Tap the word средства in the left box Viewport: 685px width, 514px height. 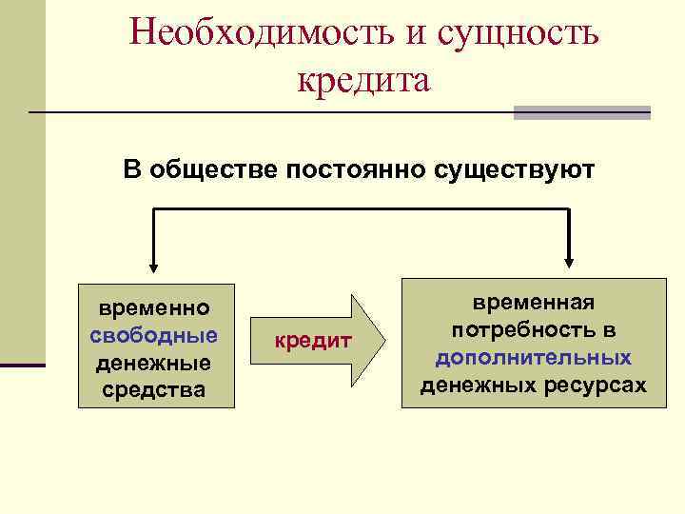(x=154, y=389)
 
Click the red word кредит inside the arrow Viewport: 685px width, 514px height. (x=313, y=341)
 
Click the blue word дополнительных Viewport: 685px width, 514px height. (x=533, y=357)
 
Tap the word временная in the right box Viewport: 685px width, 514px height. (x=533, y=303)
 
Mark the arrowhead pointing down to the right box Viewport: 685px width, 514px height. (x=569, y=262)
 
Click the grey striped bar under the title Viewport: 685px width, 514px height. (x=581, y=112)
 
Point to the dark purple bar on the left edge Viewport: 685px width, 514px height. (x=22, y=365)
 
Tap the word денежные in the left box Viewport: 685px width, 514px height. (x=154, y=363)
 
